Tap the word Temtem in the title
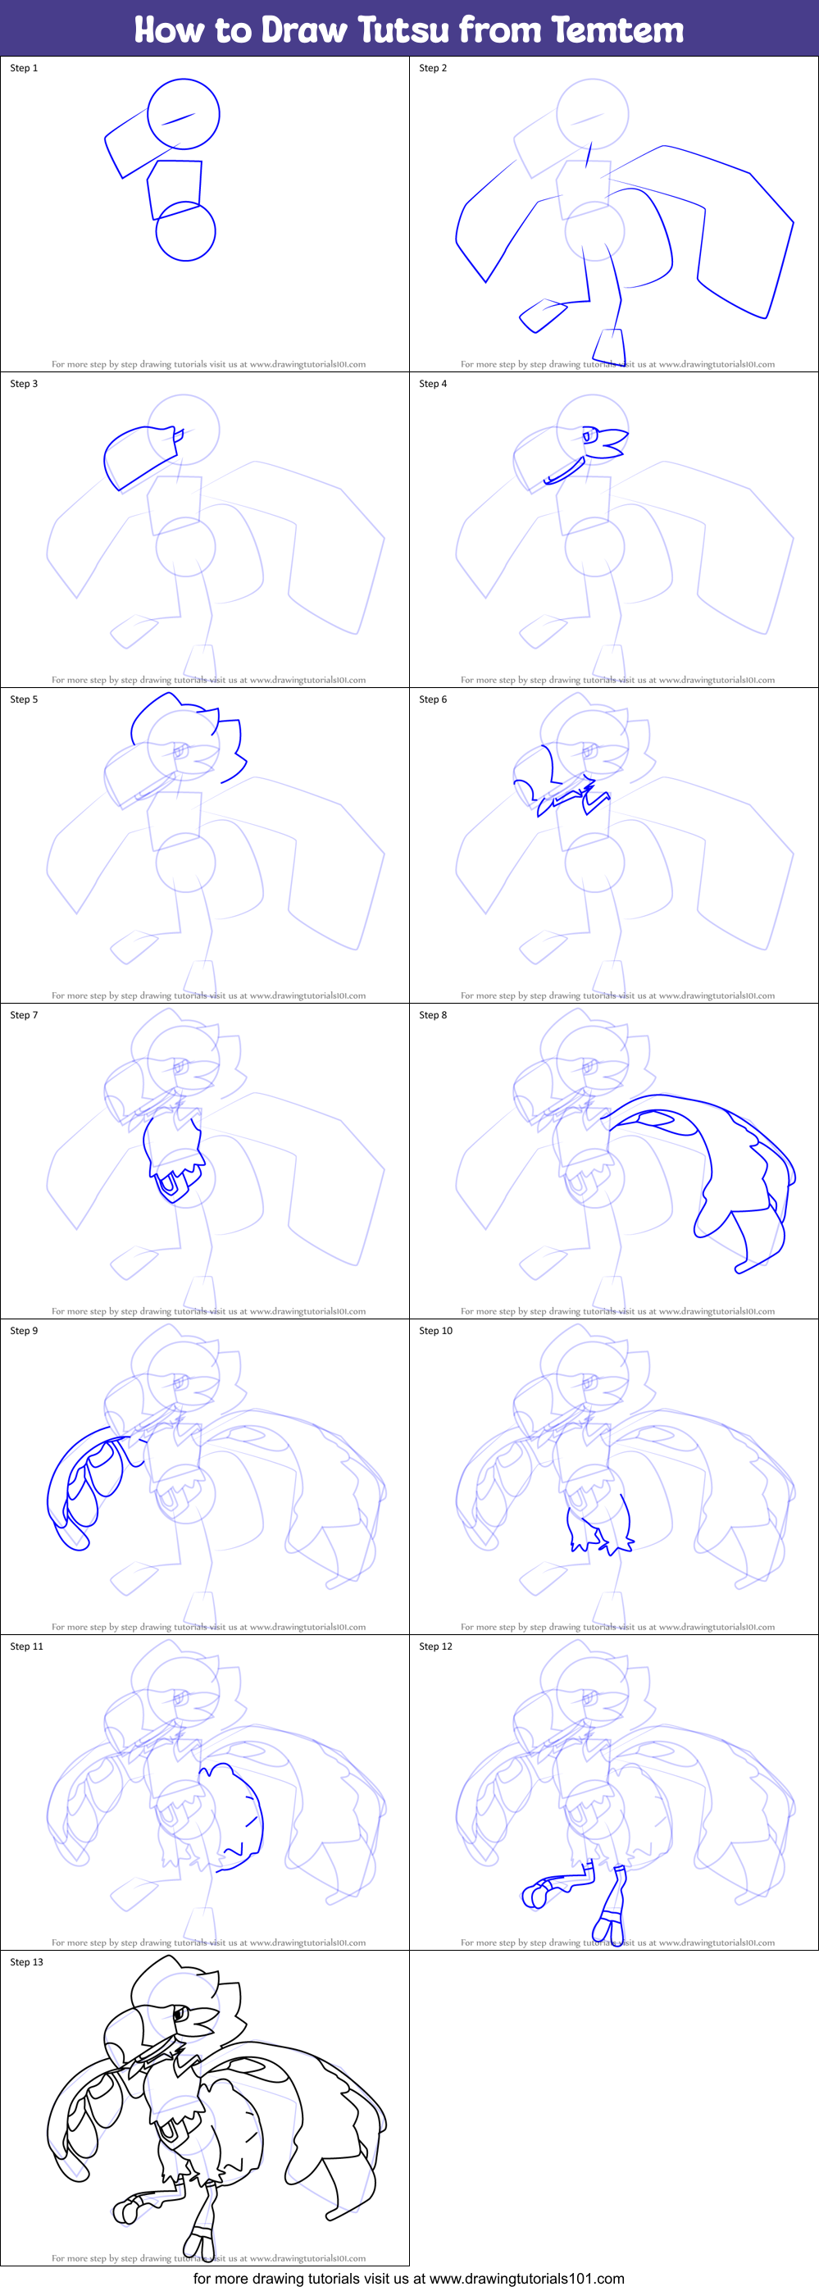[617, 30]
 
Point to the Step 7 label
[24, 1016]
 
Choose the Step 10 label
[435, 1332]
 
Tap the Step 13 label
[27, 1963]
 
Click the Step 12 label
[435, 1647]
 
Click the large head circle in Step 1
[183, 114]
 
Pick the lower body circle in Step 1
[186, 232]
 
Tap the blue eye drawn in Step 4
[589, 435]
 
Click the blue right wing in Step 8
[729, 1165]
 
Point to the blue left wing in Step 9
[84, 1485]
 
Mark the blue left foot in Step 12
[536, 1894]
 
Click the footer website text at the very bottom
[409, 2280]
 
